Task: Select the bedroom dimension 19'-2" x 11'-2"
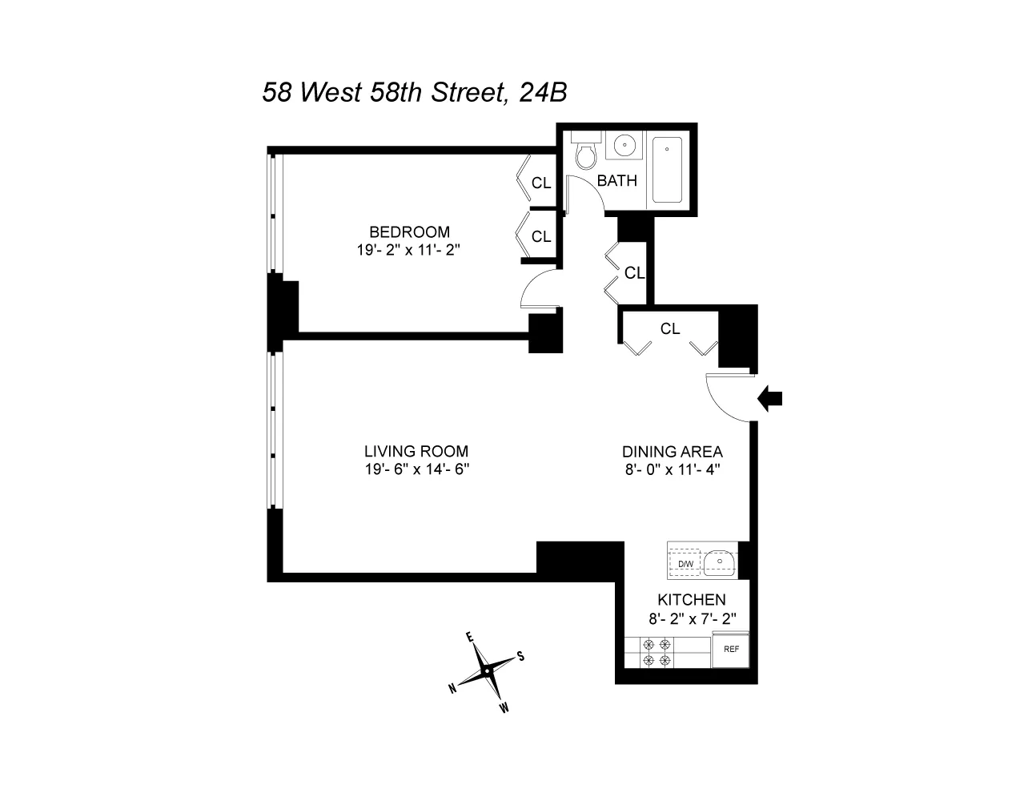pos(409,250)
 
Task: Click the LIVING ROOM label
pos(416,451)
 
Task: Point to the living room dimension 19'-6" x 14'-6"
pos(416,469)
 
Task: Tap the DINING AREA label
pos(673,451)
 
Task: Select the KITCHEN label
pos(692,599)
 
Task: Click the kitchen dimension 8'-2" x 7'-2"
pos(692,618)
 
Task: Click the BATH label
pos(617,181)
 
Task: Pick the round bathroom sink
pos(623,147)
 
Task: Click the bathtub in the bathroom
pos(667,170)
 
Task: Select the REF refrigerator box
pos(731,650)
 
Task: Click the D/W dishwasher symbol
pos(685,563)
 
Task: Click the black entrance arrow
pos(771,397)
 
